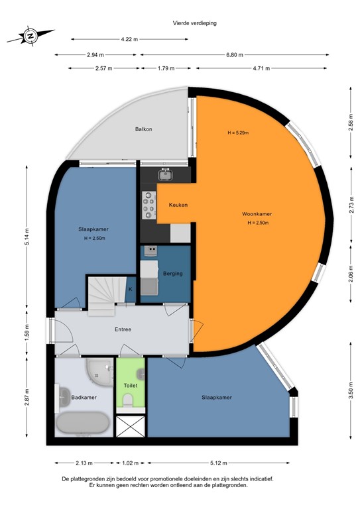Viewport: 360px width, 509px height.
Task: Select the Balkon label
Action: (x=143, y=129)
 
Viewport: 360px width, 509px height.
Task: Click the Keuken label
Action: (x=178, y=205)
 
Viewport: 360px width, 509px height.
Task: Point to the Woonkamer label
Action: (x=257, y=214)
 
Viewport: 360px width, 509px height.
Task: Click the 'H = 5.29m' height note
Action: (x=237, y=133)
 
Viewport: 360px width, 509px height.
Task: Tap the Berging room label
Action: (x=172, y=273)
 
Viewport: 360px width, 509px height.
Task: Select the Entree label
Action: (x=122, y=329)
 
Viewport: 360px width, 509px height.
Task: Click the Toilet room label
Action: (x=131, y=385)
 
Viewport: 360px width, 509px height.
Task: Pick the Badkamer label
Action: (x=84, y=398)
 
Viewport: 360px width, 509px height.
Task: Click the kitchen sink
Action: (x=165, y=174)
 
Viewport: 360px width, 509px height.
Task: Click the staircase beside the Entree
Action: (x=106, y=292)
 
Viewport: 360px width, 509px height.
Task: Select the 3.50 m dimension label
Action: (x=351, y=392)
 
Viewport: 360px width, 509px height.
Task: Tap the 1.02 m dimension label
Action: (x=131, y=463)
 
